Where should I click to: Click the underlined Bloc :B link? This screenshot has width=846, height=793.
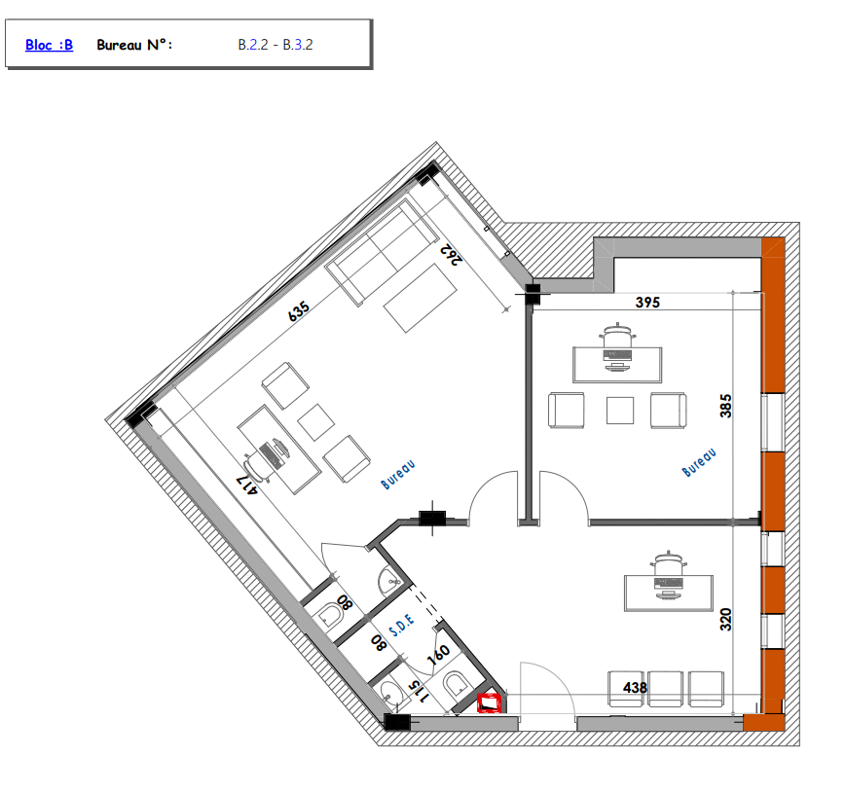(49, 45)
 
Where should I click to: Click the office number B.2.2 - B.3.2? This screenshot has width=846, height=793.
(276, 45)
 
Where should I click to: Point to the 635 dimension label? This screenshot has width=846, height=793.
(298, 311)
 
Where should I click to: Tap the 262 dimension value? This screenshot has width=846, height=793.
(452, 255)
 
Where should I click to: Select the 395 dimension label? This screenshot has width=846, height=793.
(647, 303)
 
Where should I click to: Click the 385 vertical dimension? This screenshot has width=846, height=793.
(725, 406)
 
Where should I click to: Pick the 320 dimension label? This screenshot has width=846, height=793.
(725, 620)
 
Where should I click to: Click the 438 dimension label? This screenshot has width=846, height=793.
(635, 687)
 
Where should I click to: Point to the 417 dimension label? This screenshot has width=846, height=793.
(246, 485)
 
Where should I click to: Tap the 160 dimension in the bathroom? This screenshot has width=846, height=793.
(438, 655)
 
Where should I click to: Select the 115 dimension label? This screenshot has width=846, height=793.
(420, 692)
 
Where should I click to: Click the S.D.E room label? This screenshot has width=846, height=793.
(402, 625)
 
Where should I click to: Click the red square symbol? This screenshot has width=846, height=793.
(490, 703)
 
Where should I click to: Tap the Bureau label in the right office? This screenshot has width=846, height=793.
(699, 462)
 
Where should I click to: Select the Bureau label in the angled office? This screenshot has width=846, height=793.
(398, 475)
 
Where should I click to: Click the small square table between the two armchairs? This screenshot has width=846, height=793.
(620, 411)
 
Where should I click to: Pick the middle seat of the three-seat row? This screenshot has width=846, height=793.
(665, 689)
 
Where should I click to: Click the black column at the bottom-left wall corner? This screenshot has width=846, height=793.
(397, 722)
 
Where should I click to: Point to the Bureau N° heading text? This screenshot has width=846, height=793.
(134, 45)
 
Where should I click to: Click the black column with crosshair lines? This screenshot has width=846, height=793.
(432, 519)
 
